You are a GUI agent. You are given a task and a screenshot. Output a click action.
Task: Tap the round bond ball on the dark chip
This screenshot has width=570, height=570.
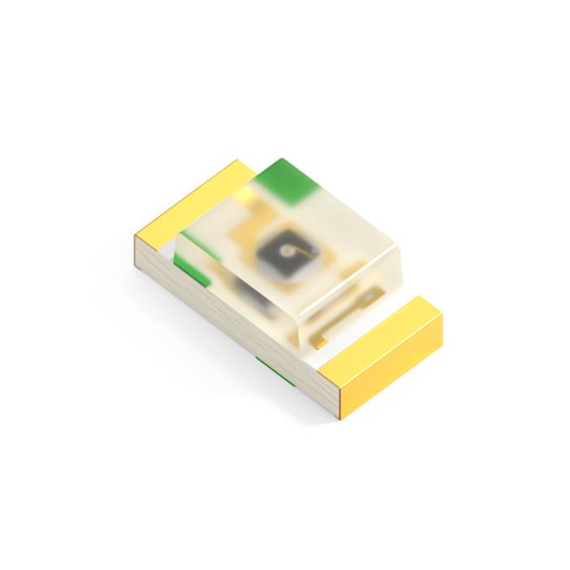(288, 254)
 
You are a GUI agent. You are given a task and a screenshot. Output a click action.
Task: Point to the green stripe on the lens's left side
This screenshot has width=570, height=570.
(191, 270)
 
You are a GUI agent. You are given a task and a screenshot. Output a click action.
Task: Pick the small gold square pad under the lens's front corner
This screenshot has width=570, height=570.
(320, 341)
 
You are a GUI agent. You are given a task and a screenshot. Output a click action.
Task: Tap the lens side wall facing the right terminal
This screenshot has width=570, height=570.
(356, 285)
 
